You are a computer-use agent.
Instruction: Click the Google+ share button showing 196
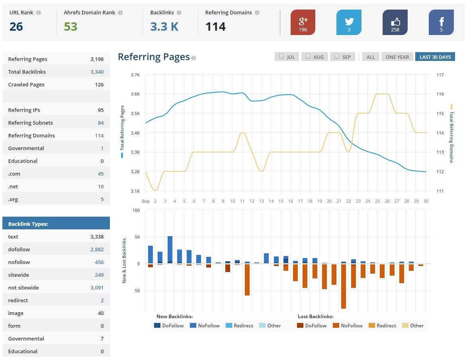(303, 22)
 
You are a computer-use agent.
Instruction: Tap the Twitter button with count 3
(349, 22)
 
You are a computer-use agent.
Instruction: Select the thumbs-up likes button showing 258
(395, 22)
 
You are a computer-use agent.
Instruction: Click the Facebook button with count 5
(441, 22)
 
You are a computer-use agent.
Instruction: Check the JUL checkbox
(281, 57)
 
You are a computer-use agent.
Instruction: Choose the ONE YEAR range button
(397, 57)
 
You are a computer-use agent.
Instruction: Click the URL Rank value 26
(16, 27)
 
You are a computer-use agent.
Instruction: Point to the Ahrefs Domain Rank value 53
(70, 27)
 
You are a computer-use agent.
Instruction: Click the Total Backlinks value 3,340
(97, 72)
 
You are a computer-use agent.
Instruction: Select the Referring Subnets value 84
(100, 123)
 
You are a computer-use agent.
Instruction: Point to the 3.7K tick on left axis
(135, 75)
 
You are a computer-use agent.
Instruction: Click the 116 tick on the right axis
(440, 94)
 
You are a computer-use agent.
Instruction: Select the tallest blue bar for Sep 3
(170, 249)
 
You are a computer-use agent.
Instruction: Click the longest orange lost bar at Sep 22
(344, 286)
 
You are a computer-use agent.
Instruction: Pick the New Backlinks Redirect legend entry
(239, 326)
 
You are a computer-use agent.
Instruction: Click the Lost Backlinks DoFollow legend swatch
(301, 326)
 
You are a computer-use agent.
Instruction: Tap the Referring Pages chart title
(154, 57)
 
